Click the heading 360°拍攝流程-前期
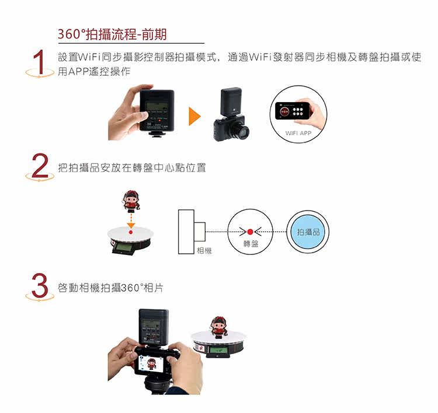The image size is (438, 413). (x=112, y=34)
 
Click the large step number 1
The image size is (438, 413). (x=40, y=62)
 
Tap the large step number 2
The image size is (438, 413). (x=40, y=166)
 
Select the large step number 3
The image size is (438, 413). (x=40, y=285)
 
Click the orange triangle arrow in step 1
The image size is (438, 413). (x=194, y=116)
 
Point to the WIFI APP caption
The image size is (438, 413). (x=298, y=133)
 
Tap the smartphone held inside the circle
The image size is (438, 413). (x=293, y=111)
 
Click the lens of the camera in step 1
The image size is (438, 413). (x=242, y=131)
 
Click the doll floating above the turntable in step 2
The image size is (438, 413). (x=131, y=200)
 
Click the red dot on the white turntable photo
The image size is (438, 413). (x=130, y=232)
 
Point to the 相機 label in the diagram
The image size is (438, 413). (x=204, y=250)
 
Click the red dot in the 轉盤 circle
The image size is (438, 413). (x=251, y=232)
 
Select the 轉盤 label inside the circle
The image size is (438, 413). (x=251, y=244)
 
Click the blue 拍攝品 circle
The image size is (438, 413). (x=308, y=232)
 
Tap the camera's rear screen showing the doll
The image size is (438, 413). (x=151, y=363)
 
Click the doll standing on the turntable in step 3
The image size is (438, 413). (x=219, y=326)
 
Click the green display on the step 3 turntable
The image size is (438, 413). (x=218, y=351)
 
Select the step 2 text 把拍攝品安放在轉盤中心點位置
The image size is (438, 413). (x=132, y=168)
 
